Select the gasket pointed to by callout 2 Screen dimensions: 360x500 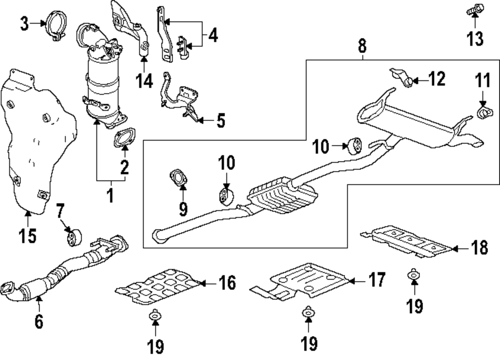tap(123, 139)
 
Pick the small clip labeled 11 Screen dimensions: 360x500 tap(483, 113)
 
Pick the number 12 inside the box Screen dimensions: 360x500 tap(436, 78)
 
